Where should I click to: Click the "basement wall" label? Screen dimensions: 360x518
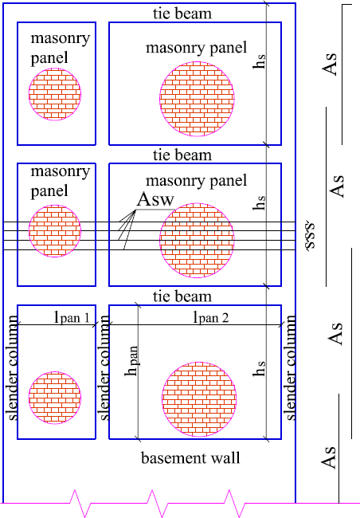190,458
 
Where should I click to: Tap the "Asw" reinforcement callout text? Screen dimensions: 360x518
155,199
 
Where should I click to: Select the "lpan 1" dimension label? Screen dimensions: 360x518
72,317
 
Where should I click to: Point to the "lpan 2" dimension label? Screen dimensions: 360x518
211,317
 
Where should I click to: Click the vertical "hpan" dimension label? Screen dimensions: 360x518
131,361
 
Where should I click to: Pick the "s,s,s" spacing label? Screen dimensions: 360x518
310,236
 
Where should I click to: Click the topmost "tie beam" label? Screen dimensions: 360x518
182,14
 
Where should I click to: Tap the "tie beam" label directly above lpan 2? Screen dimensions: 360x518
182,296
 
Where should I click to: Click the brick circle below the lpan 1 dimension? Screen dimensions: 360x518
55,398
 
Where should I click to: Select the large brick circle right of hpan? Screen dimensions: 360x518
199,399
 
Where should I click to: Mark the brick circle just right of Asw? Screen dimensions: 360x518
197,240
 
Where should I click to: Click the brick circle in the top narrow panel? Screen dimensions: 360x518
55,95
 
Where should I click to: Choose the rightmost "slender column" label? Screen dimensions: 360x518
291,367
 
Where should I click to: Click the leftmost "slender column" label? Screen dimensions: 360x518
13,367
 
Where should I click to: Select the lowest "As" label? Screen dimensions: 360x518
329,457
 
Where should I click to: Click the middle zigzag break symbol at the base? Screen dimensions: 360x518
158,503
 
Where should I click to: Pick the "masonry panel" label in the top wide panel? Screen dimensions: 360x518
197,48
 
